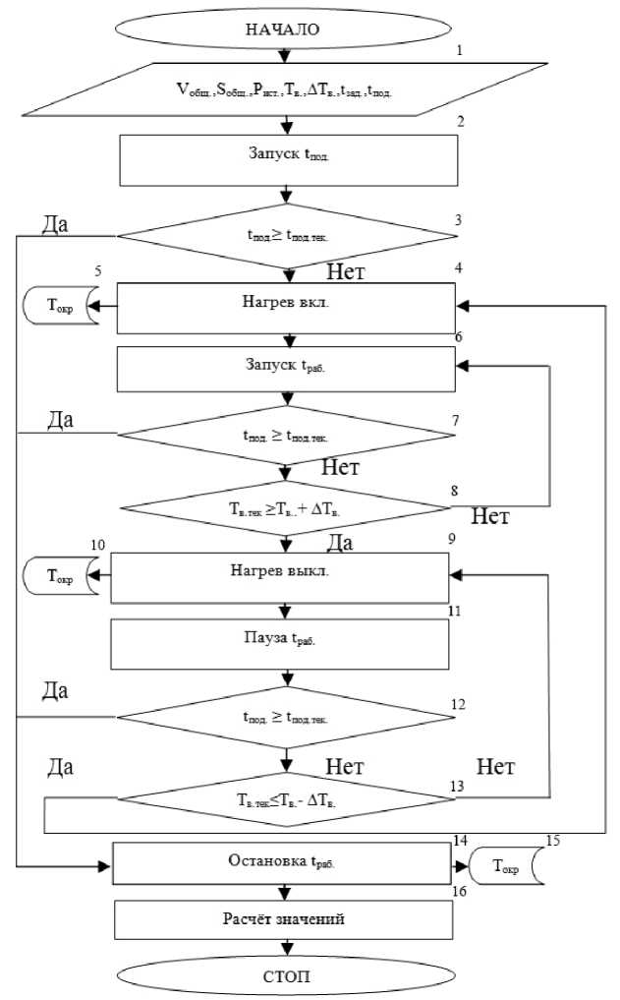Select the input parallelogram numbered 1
click(x=285, y=90)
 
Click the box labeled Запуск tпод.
click(x=289, y=160)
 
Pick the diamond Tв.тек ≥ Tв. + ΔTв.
click(x=285, y=508)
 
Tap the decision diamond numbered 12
click(x=285, y=717)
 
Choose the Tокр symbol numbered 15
click(x=501, y=864)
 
